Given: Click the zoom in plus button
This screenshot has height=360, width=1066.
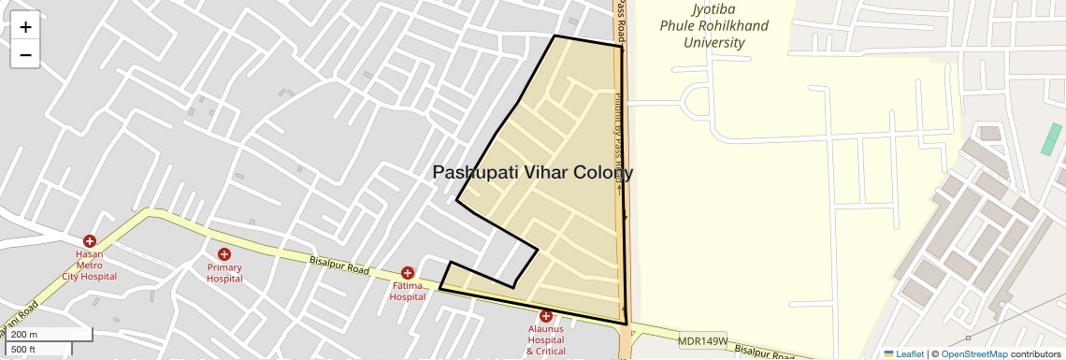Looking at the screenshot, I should [25, 27].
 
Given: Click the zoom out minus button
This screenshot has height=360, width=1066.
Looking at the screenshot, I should [25, 54].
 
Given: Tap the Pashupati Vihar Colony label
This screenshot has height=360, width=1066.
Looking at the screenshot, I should [533, 173].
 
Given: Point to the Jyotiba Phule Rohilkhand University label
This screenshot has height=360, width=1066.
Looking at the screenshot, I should [714, 26].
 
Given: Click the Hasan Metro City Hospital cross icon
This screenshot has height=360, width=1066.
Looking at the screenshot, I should [90, 241].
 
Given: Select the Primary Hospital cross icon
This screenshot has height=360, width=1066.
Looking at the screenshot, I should [224, 254].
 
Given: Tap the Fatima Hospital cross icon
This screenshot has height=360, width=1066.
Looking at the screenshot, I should [408, 273].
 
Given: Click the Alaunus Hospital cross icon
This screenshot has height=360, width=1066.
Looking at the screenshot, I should [546, 316].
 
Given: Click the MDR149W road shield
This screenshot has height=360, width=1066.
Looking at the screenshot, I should [703, 341].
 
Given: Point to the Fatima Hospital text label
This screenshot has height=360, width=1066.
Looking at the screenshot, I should [408, 291].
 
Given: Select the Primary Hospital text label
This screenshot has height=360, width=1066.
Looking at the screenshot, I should [224, 272].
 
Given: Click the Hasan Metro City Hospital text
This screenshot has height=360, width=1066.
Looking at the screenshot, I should [90, 265].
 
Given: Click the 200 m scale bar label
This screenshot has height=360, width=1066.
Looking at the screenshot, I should [25, 334].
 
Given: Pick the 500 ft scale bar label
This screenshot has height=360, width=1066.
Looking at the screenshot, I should [23, 350].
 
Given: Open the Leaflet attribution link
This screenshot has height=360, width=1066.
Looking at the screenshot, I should [904, 353].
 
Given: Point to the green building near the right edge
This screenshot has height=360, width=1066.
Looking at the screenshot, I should [1052, 139].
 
